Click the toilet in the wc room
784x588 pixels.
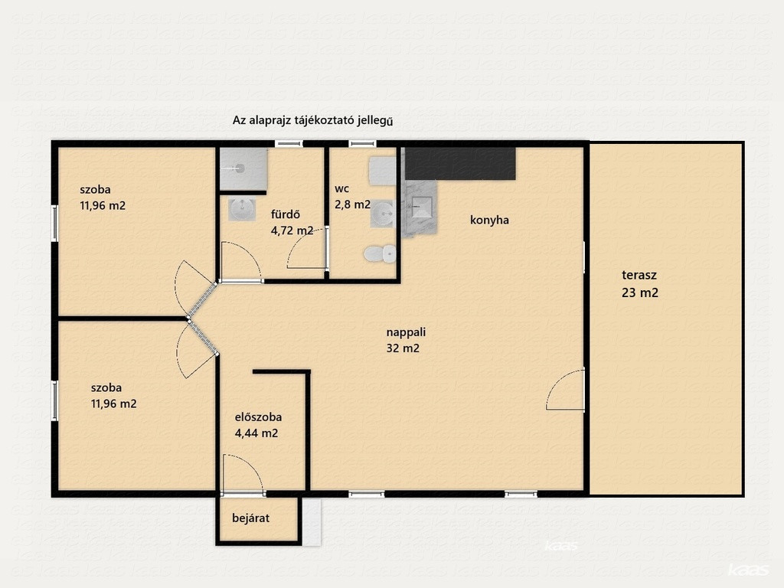(x=380, y=254)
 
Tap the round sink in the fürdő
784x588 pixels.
(x=243, y=210)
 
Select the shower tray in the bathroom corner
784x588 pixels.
(x=243, y=169)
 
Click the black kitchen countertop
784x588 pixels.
(x=460, y=164)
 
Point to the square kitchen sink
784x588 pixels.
(x=423, y=207)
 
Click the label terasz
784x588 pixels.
(x=639, y=275)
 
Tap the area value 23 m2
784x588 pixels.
(x=640, y=293)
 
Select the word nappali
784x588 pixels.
(x=406, y=332)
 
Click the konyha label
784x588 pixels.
(x=489, y=220)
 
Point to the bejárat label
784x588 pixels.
(x=250, y=518)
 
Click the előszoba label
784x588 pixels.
(x=258, y=417)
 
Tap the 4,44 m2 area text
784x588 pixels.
(x=256, y=433)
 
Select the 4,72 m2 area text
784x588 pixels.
(x=292, y=231)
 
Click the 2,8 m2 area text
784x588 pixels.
(x=352, y=204)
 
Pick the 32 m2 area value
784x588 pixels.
(x=403, y=348)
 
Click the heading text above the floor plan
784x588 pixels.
(x=312, y=120)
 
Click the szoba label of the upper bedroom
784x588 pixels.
(x=95, y=190)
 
